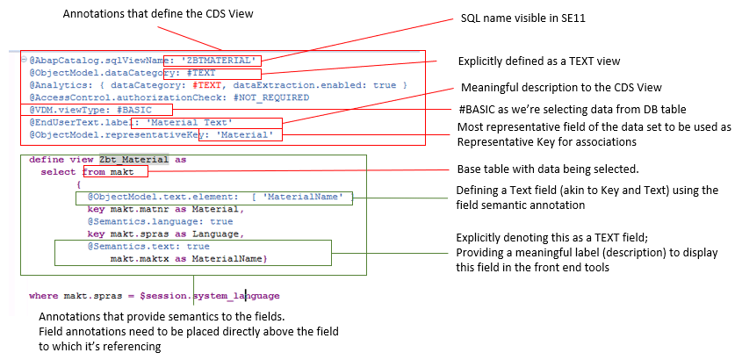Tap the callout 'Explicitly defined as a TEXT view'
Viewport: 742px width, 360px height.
[x=539, y=61]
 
